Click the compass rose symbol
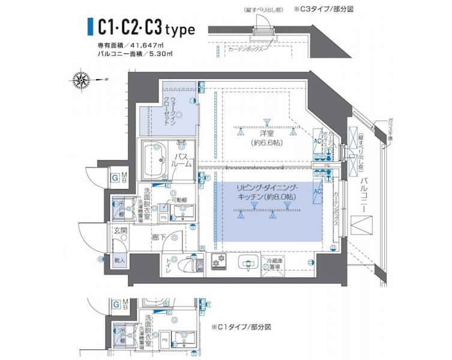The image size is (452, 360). click(81, 78)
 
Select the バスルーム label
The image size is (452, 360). click(182, 159)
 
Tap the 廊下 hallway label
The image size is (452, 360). click(160, 237)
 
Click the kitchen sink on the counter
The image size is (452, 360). click(247, 262)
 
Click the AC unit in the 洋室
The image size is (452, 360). click(318, 140)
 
